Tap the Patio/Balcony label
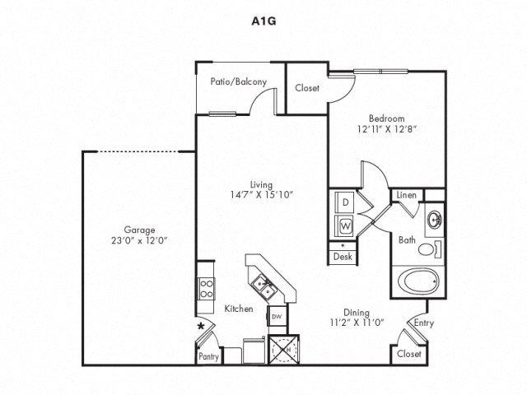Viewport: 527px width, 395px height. (x=232, y=82)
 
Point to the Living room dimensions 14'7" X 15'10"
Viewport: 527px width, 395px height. (x=263, y=194)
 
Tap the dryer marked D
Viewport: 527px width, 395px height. (x=346, y=202)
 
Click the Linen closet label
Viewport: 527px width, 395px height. (x=406, y=195)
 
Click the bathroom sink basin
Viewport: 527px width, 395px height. (x=434, y=221)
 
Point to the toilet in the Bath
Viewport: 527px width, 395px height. (x=429, y=249)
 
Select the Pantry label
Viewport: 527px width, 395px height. (x=208, y=357)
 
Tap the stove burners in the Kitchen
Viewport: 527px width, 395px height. (x=205, y=287)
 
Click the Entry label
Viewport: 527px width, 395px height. (x=424, y=323)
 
